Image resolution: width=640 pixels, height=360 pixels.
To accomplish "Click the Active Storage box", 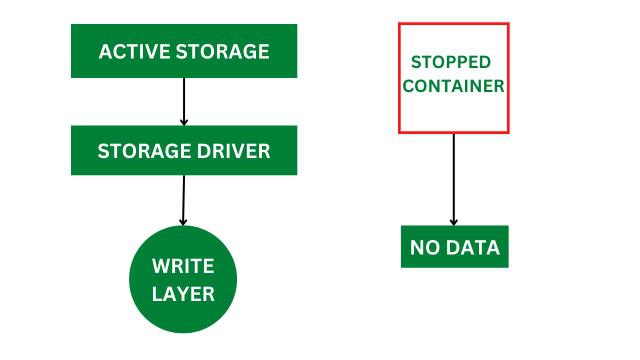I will click(184, 51).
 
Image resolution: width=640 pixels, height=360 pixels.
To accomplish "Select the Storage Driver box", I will click(184, 150).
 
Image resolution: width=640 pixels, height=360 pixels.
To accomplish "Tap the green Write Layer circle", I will click(183, 280).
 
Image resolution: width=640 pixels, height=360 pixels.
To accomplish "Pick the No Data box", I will click(454, 247).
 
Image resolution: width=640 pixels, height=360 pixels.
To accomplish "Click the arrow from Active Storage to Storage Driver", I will click(184, 101).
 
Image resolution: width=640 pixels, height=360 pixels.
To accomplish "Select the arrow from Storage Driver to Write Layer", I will click(183, 200).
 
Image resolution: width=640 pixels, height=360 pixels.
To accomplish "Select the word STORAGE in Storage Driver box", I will click(146, 151).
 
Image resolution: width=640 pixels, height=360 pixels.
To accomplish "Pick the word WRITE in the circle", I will click(183, 267).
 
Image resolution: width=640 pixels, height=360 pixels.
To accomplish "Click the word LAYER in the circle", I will click(183, 293).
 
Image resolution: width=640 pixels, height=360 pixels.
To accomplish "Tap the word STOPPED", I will click(453, 62).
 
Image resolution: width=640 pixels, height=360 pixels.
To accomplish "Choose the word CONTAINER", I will click(453, 86).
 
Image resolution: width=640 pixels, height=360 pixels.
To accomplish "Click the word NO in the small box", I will click(425, 247).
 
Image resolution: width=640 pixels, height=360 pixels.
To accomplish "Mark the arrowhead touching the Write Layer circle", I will click(183, 220).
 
